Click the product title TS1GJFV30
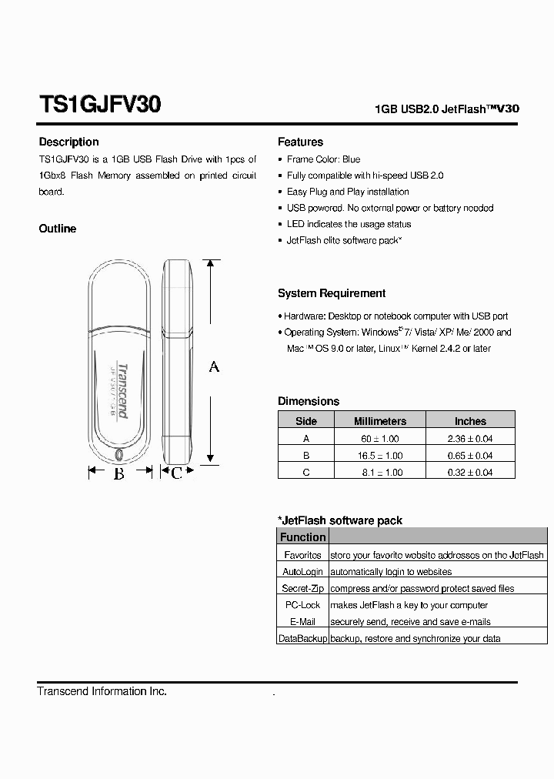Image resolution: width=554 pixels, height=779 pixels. pyautogui.click(x=99, y=105)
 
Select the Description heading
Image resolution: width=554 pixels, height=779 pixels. pyautogui.click(x=68, y=142)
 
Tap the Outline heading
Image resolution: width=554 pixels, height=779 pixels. pyautogui.click(x=58, y=229)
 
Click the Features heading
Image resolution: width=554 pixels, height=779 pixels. pyautogui.click(x=300, y=142)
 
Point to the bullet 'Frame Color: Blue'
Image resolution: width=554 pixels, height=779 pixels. pyautogui.click(x=323, y=159)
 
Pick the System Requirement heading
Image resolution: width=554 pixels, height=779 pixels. pyautogui.click(x=332, y=293)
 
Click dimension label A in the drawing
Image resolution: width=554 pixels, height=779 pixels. pyautogui.click(x=214, y=366)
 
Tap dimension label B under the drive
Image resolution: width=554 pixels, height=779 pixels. pyautogui.click(x=119, y=473)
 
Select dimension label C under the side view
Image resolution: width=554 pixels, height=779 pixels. pyautogui.click(x=176, y=473)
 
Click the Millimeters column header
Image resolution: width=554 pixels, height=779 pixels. pyautogui.click(x=379, y=421)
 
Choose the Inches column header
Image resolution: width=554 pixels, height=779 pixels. pyautogui.click(x=470, y=421)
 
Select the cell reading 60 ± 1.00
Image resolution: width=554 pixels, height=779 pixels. pyautogui.click(x=379, y=438)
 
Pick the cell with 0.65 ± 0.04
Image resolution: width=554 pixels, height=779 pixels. pyautogui.click(x=470, y=455)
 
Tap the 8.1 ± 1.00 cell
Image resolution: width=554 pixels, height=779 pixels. pyautogui.click(x=379, y=472)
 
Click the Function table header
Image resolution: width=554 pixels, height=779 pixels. pyautogui.click(x=302, y=537)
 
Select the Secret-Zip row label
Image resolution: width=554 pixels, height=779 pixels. pyautogui.click(x=302, y=588)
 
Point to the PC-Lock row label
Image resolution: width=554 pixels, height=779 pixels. pyautogui.click(x=302, y=605)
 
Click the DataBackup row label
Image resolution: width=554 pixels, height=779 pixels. pyautogui.click(x=302, y=638)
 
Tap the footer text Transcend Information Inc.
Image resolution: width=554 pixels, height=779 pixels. pyautogui.click(x=102, y=691)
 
